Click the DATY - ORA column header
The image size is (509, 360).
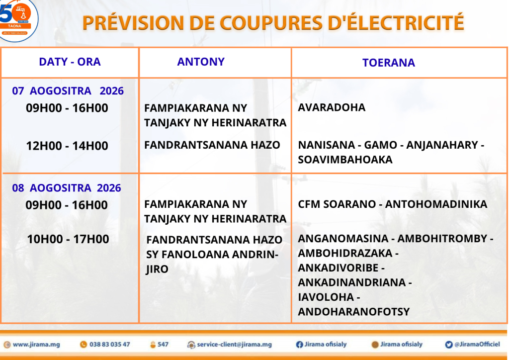click(x=70, y=62)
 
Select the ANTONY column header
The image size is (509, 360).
click(x=201, y=62)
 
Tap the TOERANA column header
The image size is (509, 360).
click(x=389, y=63)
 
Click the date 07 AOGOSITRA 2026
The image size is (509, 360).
click(x=68, y=91)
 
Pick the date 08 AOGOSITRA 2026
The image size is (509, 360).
click(x=67, y=188)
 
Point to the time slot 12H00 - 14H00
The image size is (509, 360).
click(x=67, y=146)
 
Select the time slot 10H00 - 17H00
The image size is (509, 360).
click(x=68, y=239)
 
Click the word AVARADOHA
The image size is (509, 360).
click(x=332, y=107)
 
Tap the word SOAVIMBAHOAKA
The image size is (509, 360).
click(x=345, y=160)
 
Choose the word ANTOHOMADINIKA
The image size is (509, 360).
click(x=436, y=204)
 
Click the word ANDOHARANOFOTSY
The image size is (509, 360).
click(x=354, y=312)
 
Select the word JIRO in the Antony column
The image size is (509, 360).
click(x=157, y=270)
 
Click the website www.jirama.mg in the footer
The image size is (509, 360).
click(x=36, y=345)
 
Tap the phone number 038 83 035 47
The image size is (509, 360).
click(x=110, y=345)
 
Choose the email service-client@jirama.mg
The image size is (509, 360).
click(x=235, y=345)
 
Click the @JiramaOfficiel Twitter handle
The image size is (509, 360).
click(x=477, y=344)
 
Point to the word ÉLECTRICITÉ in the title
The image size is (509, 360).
click(x=396, y=22)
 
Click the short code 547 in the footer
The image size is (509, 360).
click(x=163, y=345)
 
